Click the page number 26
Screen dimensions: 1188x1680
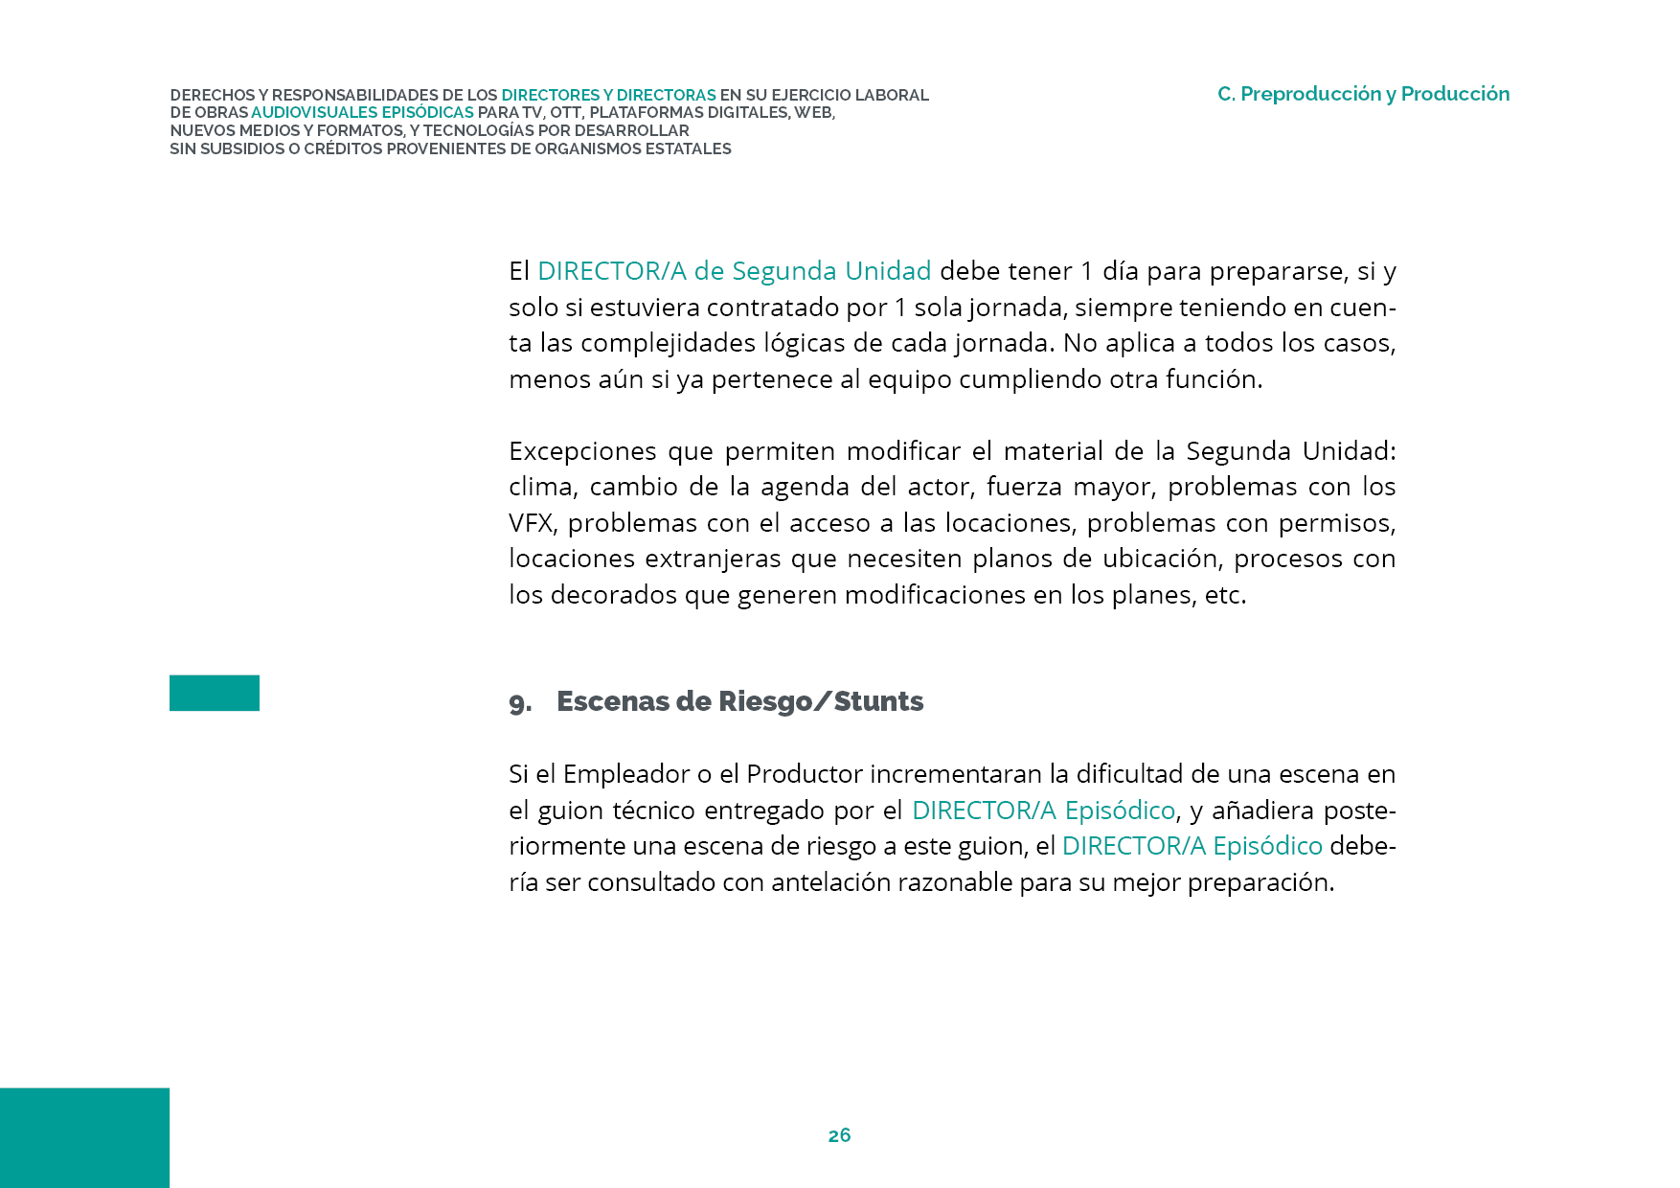pos(839,1135)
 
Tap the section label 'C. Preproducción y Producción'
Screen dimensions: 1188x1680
pos(1363,94)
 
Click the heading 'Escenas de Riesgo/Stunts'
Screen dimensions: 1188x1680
pos(739,701)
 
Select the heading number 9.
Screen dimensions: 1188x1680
pos(519,703)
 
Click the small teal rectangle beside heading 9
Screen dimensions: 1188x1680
pos(215,693)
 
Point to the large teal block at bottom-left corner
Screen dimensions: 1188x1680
pos(84,1137)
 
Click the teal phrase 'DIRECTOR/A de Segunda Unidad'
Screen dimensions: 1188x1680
pos(734,271)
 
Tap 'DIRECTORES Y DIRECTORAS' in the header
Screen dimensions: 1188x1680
pos(608,95)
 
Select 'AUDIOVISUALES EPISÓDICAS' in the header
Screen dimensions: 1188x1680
pos(362,113)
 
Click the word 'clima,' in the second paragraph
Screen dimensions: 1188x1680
pos(543,487)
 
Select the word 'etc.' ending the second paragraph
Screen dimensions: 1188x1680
pos(1225,595)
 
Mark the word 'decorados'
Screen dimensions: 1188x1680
pos(614,595)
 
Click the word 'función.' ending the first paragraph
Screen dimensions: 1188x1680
pos(1214,379)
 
